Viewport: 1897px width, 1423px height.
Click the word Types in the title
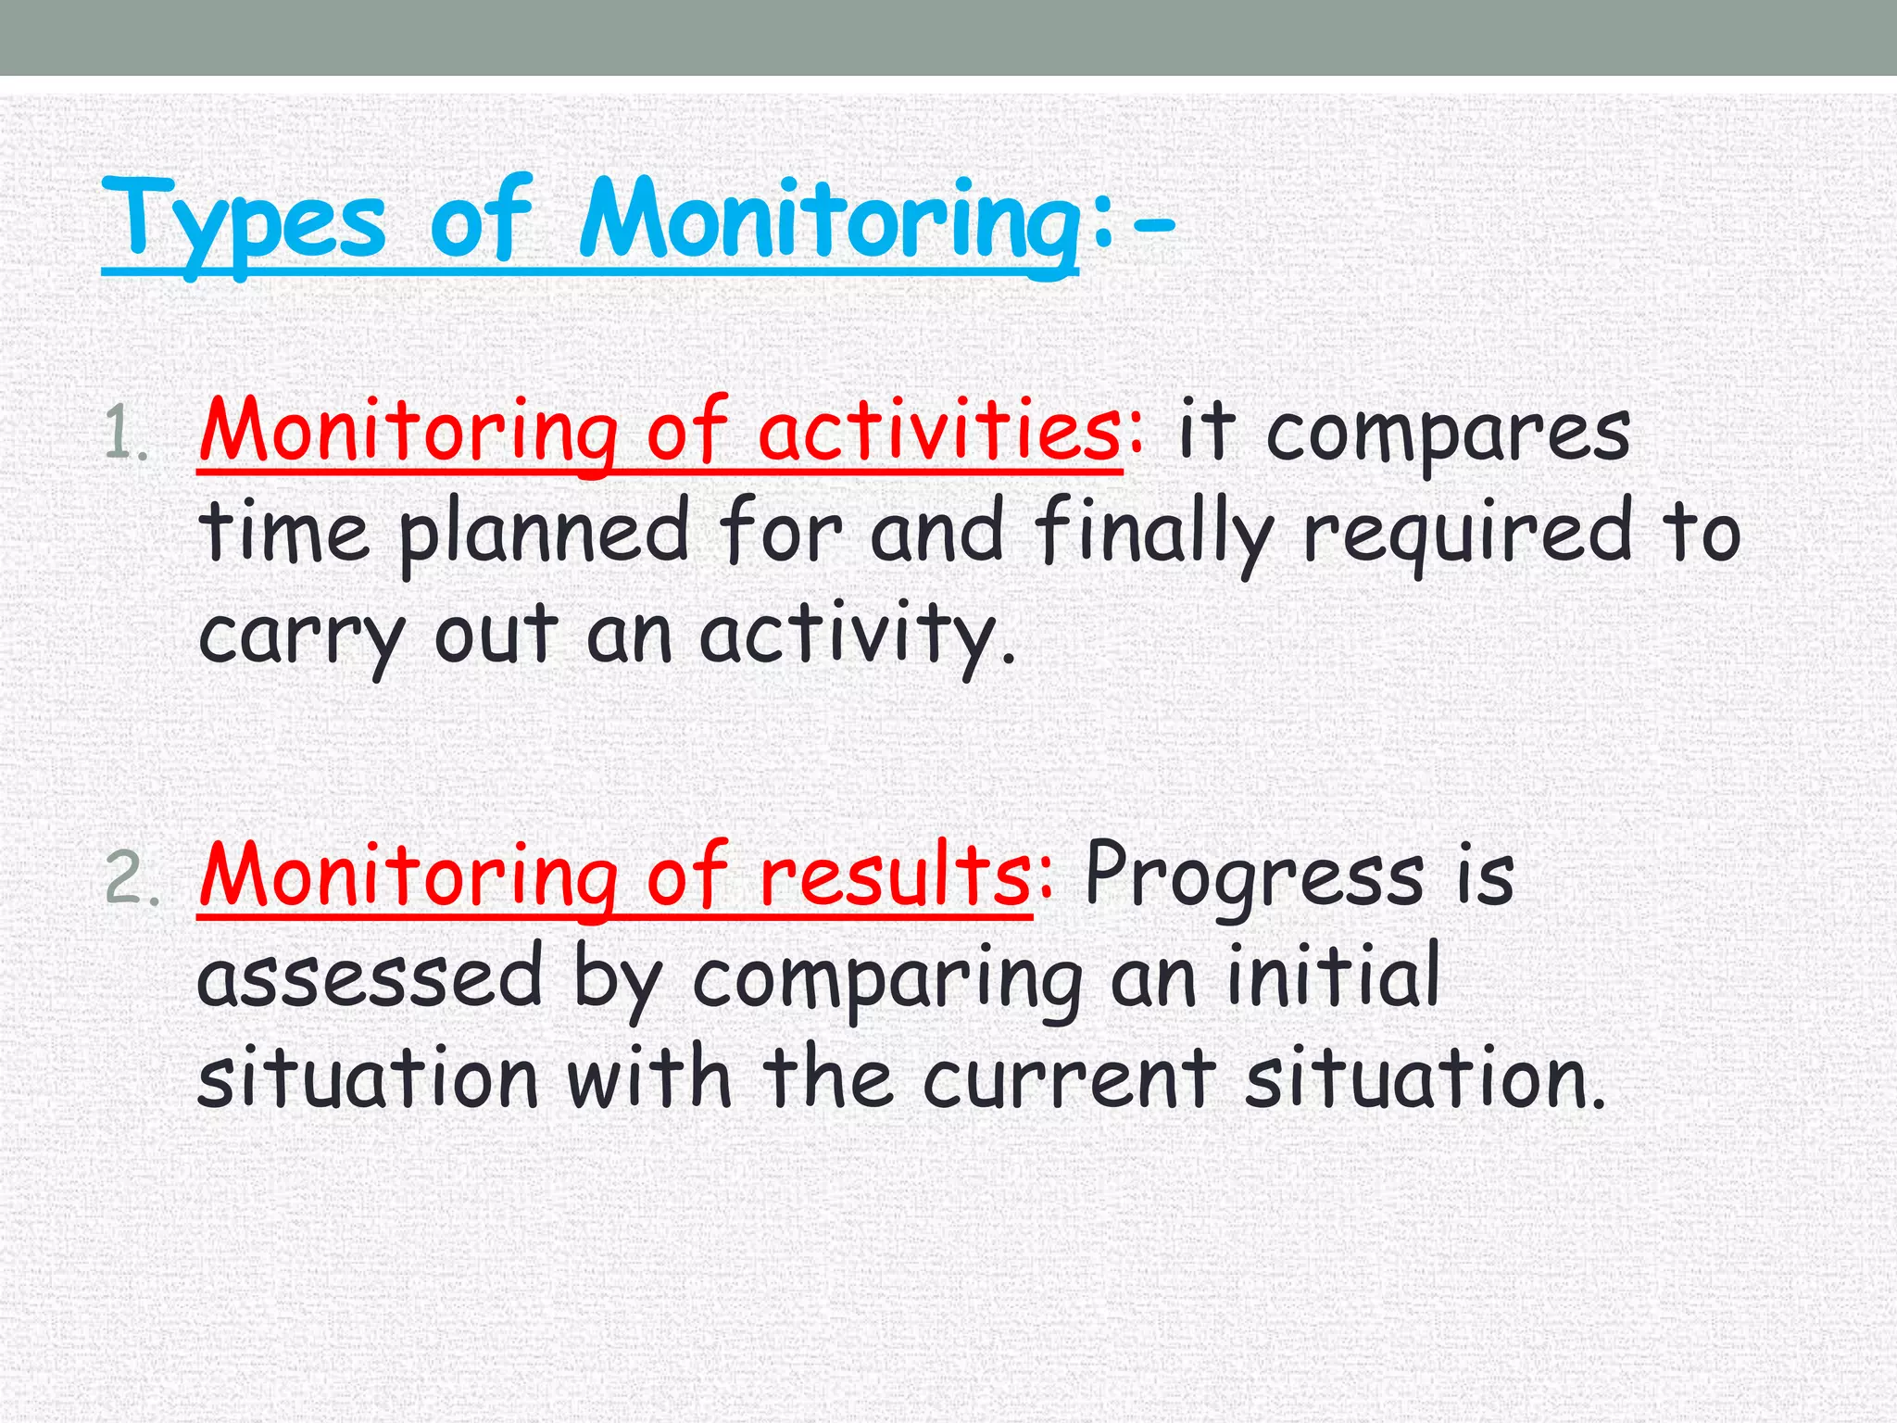[243, 222]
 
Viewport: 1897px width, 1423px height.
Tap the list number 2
[130, 878]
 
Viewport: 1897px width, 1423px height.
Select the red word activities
[939, 432]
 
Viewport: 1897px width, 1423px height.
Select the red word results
[893, 876]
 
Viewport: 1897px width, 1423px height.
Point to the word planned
[544, 534]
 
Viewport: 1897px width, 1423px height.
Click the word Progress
[1252, 876]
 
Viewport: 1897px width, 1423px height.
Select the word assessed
[370, 978]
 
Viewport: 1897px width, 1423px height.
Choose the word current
[1068, 1080]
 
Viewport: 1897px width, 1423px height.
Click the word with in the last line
[649, 1078]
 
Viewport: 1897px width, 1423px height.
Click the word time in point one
[283, 534]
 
